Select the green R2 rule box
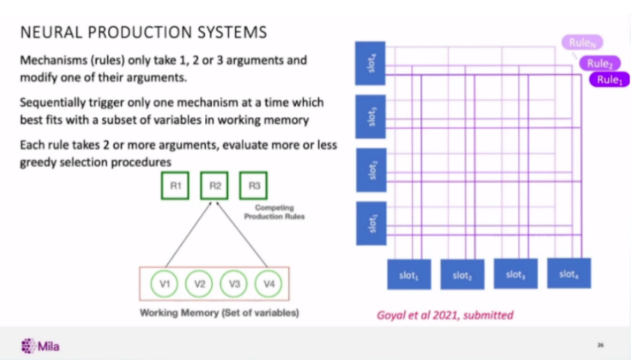(x=215, y=186)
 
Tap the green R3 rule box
(x=252, y=186)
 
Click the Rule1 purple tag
(x=609, y=80)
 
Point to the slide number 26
(x=600, y=344)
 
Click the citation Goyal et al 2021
(x=444, y=315)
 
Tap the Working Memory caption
(x=219, y=313)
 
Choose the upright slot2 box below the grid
(x=461, y=275)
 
